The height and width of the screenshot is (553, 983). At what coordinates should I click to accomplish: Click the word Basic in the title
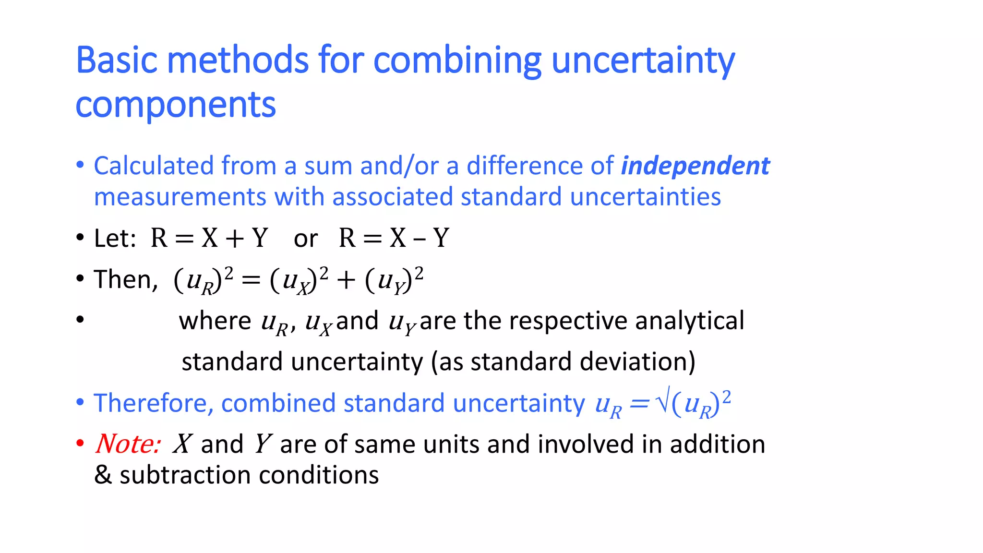point(117,60)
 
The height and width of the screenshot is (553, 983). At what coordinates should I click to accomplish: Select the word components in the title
point(176,105)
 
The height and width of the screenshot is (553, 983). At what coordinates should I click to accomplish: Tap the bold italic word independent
point(695,166)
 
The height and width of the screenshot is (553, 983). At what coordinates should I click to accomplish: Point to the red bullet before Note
point(80,443)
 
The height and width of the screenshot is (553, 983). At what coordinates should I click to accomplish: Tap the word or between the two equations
point(306,239)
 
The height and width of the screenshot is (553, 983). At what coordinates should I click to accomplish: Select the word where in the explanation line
point(215,321)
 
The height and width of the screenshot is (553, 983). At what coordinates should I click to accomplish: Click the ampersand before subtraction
point(103,475)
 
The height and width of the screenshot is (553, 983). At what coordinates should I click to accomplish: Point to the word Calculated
point(154,166)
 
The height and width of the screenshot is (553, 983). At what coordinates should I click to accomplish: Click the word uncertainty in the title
point(643,60)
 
